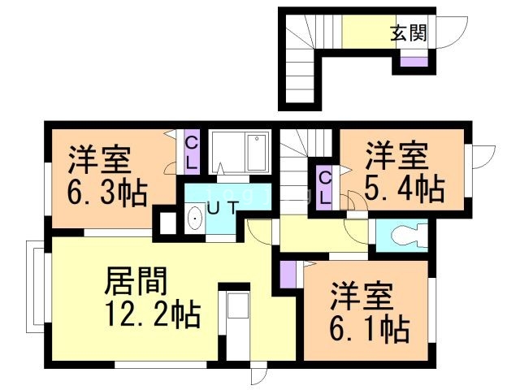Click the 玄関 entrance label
click(408, 32)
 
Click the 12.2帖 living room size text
click(153, 314)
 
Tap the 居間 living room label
click(136, 281)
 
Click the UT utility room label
click(223, 208)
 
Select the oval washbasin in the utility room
click(195, 219)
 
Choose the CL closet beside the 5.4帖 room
click(324, 188)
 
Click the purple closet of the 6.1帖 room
click(287, 275)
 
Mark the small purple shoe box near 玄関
click(414, 62)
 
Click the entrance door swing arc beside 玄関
click(452, 32)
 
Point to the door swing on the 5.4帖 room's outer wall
click(484, 157)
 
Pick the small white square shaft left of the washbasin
click(168, 223)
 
